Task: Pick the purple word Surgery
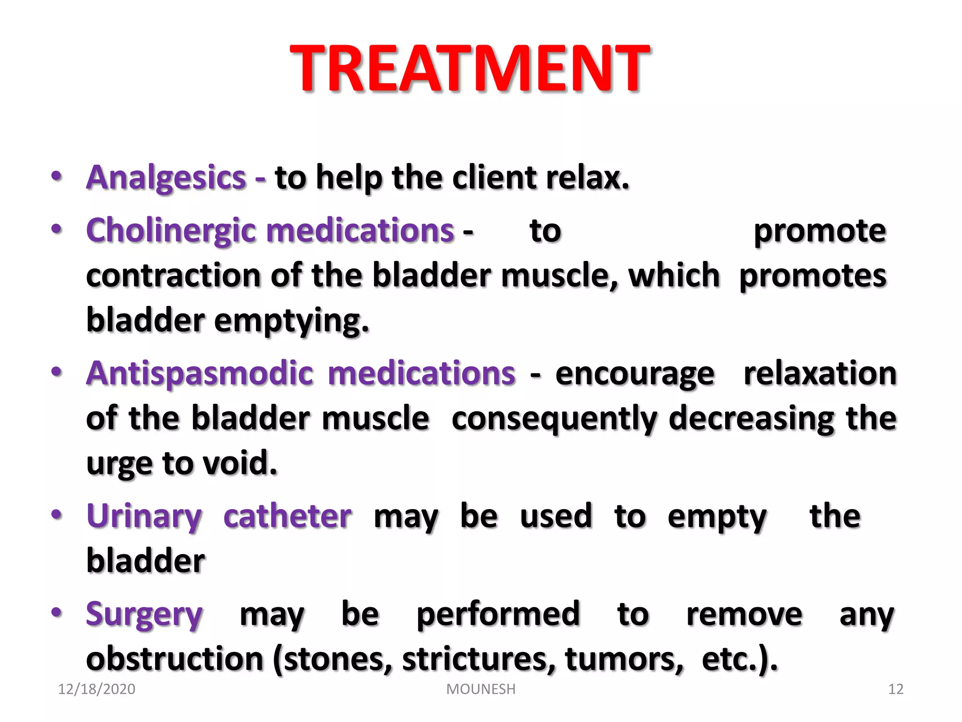click(144, 615)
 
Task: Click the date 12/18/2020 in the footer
click(96, 689)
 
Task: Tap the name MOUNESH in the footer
click(481, 689)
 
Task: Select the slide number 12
click(896, 689)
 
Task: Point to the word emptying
click(291, 322)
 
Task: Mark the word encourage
click(635, 375)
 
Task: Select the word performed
click(498, 615)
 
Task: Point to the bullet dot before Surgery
click(56, 612)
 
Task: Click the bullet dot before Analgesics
click(56, 177)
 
